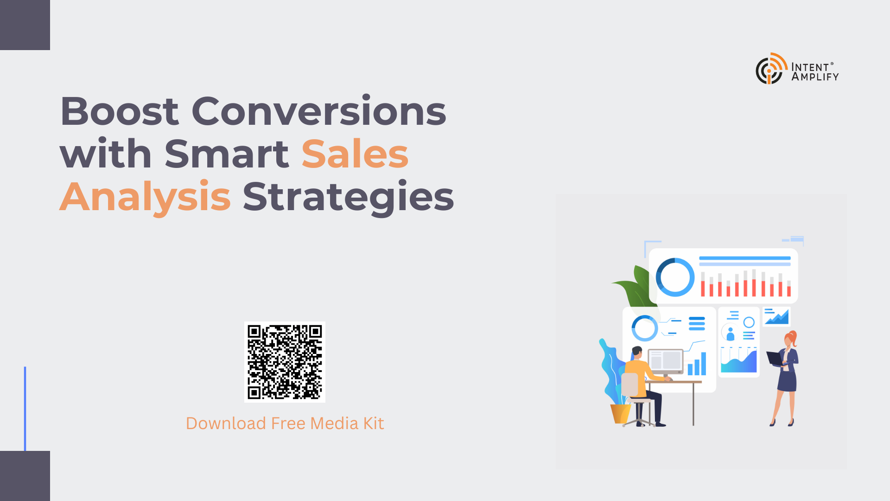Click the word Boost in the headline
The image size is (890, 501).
click(119, 111)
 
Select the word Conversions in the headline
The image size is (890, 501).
click(319, 111)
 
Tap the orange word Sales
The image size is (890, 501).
click(355, 154)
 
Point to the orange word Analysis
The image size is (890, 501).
click(145, 197)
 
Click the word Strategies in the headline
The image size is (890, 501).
click(348, 197)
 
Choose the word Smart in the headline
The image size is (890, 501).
click(227, 154)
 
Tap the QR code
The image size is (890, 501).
click(285, 362)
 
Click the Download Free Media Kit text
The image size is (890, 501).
click(285, 424)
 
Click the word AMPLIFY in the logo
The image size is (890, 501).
click(815, 77)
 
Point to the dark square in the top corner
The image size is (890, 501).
click(25, 25)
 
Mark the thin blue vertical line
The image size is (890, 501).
click(25, 409)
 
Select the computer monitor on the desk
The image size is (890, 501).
click(666, 362)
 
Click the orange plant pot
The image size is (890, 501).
click(620, 414)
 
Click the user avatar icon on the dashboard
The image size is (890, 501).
click(731, 334)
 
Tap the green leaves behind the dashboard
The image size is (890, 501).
click(635, 286)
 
